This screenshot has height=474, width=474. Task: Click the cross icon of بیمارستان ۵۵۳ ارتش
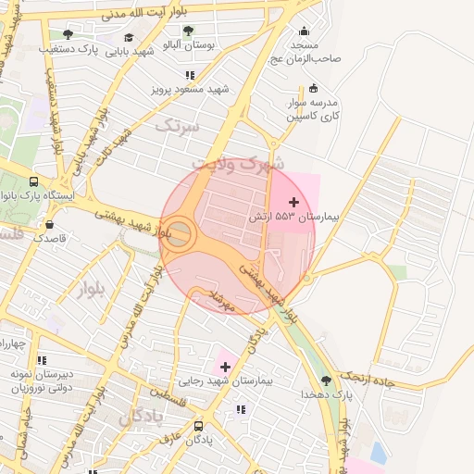294,202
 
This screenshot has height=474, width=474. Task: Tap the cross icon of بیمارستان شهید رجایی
224,368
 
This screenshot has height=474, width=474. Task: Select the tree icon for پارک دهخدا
324,380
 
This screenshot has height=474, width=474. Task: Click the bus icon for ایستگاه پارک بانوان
34,182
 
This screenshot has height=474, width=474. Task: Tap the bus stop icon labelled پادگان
199,427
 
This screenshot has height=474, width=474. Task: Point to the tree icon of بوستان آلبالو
188,31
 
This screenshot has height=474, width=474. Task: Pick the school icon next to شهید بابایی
127,38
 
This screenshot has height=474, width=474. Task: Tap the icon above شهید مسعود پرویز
191,75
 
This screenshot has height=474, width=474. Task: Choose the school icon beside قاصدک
47,224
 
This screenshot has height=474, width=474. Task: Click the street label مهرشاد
226,300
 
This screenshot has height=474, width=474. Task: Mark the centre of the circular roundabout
180,233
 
